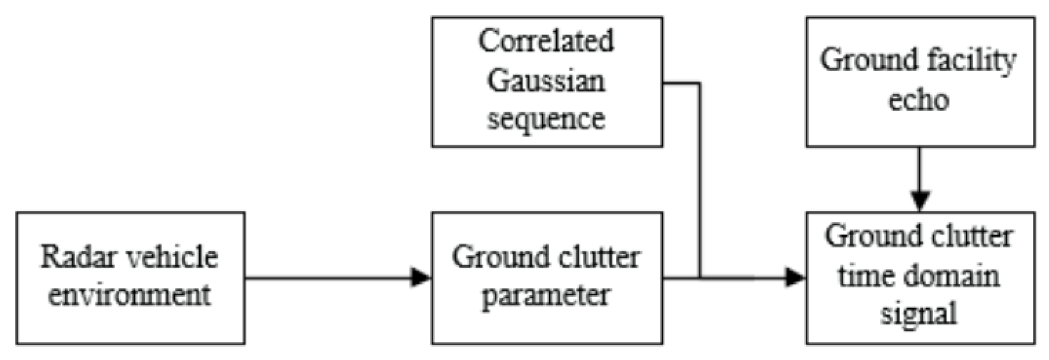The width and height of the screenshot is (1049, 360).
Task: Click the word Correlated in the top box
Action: (546, 42)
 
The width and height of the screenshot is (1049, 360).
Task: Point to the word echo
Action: (919, 100)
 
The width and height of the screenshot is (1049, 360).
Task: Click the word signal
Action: (919, 314)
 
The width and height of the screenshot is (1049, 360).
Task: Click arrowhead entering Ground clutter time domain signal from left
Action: (796, 278)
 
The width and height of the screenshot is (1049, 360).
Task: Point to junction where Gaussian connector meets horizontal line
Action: (700, 278)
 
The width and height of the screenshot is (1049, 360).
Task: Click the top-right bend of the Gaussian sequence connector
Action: (700, 84)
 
